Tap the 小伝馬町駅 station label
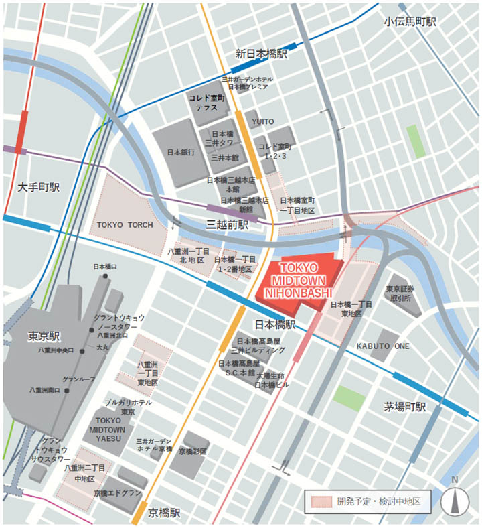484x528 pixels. click(x=410, y=21)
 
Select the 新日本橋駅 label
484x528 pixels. click(x=261, y=54)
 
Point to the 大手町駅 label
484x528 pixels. click(x=38, y=187)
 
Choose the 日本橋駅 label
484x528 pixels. click(x=275, y=324)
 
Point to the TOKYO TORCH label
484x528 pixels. click(x=125, y=224)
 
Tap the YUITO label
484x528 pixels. click(x=263, y=121)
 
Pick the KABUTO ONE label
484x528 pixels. click(x=383, y=346)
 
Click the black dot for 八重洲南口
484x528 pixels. click(x=67, y=390)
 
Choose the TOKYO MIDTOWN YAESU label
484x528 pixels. click(x=107, y=429)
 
